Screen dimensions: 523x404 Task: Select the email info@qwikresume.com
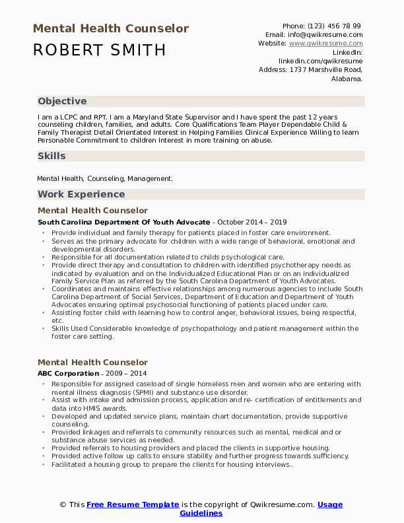[x=323, y=34]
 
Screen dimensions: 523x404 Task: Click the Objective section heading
[x=62, y=101]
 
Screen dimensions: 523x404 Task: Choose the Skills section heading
[x=51, y=156]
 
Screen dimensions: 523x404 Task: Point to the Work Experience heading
[x=81, y=194]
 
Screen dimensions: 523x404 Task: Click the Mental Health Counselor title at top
[x=111, y=28]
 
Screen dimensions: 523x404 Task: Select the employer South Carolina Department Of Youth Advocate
[x=123, y=222]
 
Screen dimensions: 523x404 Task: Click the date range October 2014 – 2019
[x=252, y=222]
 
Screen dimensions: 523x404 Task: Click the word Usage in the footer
[x=330, y=505]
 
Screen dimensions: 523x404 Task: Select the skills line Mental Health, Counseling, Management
[x=105, y=178]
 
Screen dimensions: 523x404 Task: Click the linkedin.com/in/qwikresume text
[x=320, y=60]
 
